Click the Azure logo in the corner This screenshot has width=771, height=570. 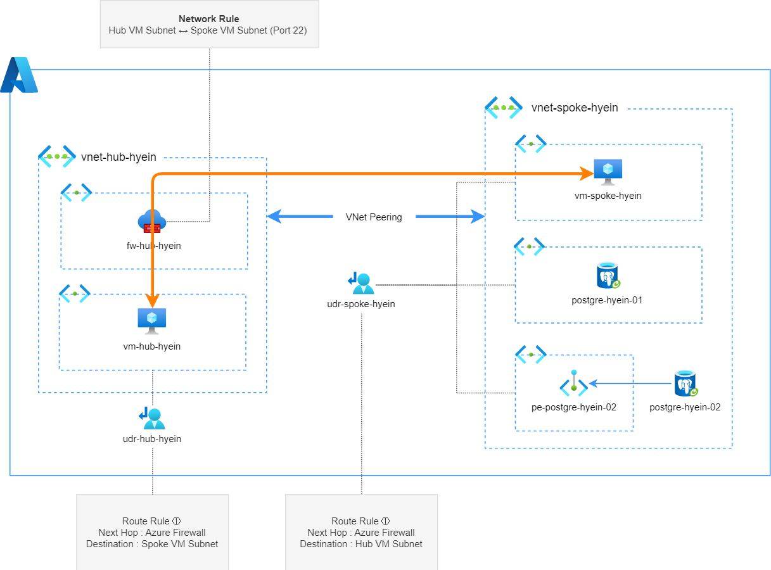point(19,75)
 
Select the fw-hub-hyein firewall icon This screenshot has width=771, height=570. point(151,222)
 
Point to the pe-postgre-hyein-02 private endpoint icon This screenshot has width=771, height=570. point(573,384)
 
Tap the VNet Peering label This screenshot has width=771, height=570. point(374,217)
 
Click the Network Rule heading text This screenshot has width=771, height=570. point(209,19)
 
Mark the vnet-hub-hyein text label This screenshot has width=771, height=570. point(118,157)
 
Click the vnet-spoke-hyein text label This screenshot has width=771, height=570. point(575,108)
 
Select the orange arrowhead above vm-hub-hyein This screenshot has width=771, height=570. point(152,300)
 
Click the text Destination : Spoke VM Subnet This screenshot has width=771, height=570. point(152,544)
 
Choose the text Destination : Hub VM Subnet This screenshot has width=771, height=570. point(361,544)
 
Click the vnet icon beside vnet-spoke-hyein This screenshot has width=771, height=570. point(504,108)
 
